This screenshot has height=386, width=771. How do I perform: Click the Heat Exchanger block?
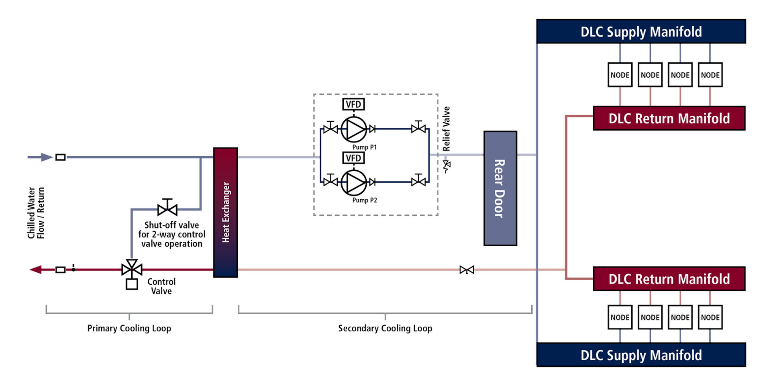(225, 212)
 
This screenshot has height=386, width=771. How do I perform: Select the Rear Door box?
(500, 188)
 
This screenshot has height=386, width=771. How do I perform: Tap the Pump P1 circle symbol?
(354, 129)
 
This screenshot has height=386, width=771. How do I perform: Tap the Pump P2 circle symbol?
(354, 182)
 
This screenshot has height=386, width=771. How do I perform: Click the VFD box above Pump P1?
(353, 104)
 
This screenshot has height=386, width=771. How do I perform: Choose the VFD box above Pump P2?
(353, 158)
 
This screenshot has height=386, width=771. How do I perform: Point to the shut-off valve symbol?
(167, 208)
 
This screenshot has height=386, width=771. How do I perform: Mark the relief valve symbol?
(447, 165)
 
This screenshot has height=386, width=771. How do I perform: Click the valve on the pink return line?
(467, 270)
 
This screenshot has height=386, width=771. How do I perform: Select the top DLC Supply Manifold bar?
(641, 31)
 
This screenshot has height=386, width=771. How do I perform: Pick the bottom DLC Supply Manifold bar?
(641, 355)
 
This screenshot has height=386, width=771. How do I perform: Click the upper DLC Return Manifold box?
(669, 118)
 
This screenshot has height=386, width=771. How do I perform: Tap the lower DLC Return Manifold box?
(669, 279)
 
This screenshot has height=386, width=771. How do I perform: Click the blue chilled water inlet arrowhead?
(47, 157)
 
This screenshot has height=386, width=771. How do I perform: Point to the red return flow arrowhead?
(36, 270)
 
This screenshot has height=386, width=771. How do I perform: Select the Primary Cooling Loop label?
(129, 328)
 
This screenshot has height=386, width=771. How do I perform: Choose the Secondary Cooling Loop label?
(385, 328)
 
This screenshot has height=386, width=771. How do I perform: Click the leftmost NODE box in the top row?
(620, 75)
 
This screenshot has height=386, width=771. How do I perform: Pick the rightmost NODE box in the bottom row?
(710, 317)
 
